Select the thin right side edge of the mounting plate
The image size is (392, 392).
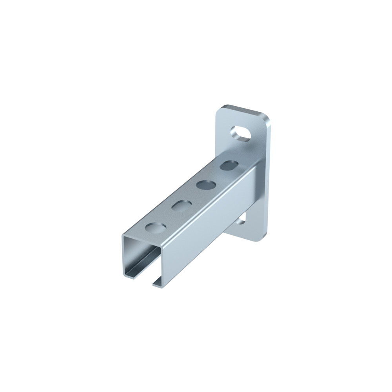click(269, 176)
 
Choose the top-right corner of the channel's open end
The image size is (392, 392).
click(164, 248)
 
